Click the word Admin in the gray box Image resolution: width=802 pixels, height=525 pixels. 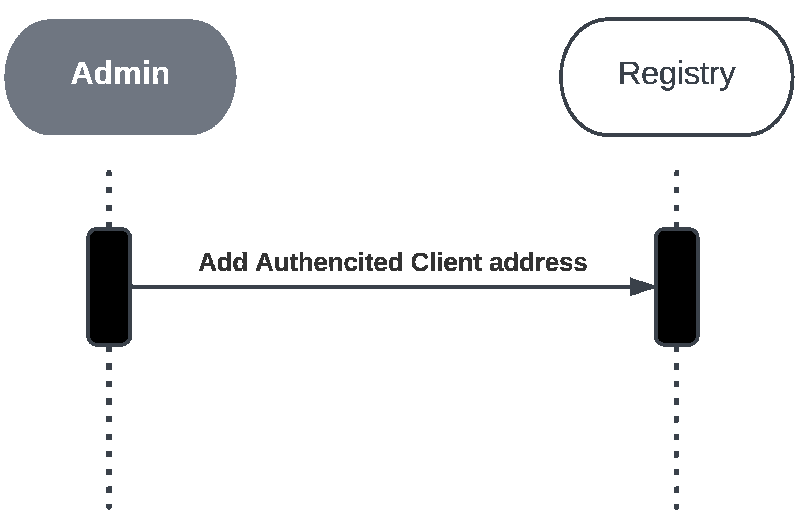[x=120, y=74]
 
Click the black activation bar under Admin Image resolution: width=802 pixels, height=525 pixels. [x=109, y=314]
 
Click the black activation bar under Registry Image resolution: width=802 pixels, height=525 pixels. [x=676, y=314]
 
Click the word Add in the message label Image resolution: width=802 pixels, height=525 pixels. [x=223, y=262]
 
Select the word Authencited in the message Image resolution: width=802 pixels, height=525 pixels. [x=329, y=262]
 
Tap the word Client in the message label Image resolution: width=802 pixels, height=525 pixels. [x=446, y=262]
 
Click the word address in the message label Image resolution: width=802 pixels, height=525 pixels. [x=538, y=262]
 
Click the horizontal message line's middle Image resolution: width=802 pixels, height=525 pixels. [x=384, y=287]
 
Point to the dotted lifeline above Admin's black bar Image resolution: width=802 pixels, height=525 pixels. [x=109, y=199]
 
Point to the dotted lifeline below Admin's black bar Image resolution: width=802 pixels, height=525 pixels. [x=109, y=418]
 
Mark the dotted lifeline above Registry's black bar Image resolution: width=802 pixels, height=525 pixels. [x=676, y=199]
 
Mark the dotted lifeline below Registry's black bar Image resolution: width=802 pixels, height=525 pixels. [x=676, y=418]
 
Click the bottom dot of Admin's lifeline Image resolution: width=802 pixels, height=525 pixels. [x=109, y=507]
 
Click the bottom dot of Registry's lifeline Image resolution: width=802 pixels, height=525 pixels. [x=676, y=507]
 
